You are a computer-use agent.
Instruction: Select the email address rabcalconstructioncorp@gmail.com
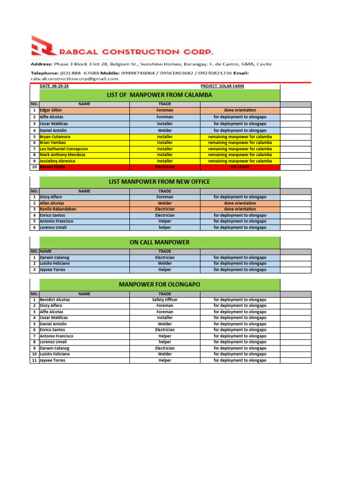pyautogui.click(x=75, y=79)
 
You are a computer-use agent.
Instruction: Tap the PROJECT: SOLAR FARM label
pyautogui.click(x=222, y=86)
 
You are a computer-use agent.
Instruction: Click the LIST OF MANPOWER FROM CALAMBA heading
pyautogui.click(x=159, y=95)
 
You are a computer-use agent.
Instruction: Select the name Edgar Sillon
pyautogui.click(x=51, y=110)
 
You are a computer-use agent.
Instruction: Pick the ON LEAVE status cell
pyautogui.click(x=240, y=167)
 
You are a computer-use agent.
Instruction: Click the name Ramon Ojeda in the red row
pyautogui.click(x=52, y=167)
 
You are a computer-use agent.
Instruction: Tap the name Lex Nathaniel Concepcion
pyautogui.click(x=64, y=149)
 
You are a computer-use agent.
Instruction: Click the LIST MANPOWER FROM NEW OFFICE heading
pyautogui.click(x=159, y=181)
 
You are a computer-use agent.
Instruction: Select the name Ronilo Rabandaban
pyautogui.click(x=58, y=209)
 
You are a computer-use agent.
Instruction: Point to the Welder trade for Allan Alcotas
pyautogui.click(x=165, y=203)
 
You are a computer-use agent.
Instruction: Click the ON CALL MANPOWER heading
pyautogui.click(x=159, y=242)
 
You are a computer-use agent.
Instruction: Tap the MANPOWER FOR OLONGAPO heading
pyautogui.click(x=159, y=285)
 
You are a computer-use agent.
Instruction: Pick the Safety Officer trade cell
pyautogui.click(x=165, y=300)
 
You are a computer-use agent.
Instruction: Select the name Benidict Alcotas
pyautogui.click(x=55, y=300)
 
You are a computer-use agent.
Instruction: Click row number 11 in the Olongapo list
pyautogui.click(x=34, y=360)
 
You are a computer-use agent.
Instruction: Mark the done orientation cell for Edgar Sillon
pyautogui.click(x=240, y=110)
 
